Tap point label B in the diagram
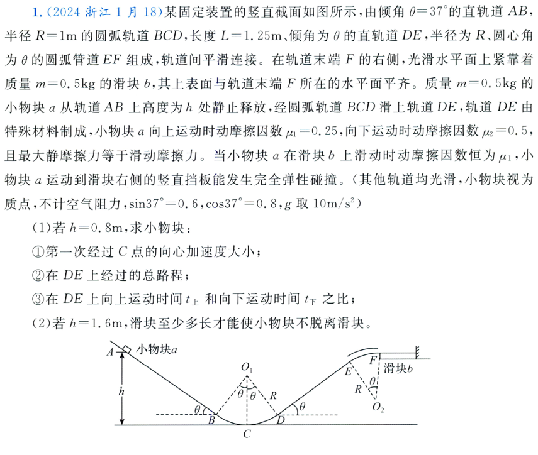click(211, 419)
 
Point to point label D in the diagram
click(280, 419)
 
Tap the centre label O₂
click(378, 407)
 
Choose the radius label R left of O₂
click(358, 388)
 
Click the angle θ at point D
click(303, 407)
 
